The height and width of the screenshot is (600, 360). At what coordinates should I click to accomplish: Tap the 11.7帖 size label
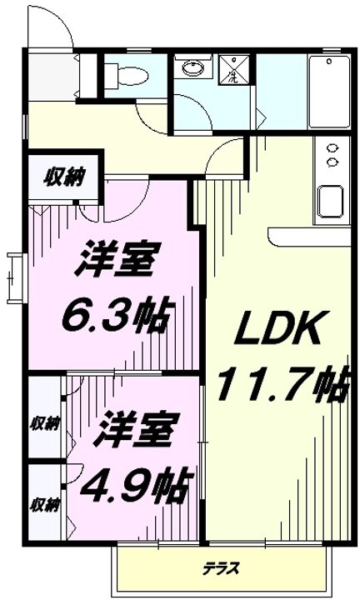click(x=278, y=385)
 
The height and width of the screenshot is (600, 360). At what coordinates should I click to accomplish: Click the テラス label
click(x=220, y=568)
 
